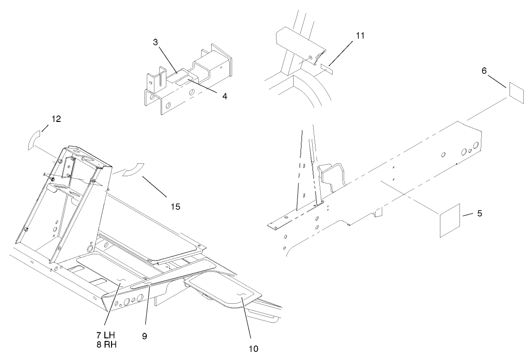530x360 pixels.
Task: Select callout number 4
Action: click(x=224, y=96)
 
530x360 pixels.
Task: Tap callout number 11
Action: click(x=359, y=35)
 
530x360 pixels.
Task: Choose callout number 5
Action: click(x=479, y=213)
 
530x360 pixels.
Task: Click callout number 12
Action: click(x=56, y=119)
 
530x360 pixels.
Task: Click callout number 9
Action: click(x=144, y=336)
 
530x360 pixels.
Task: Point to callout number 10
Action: click(x=253, y=349)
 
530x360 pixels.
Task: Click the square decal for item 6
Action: click(x=515, y=91)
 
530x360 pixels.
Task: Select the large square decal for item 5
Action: click(x=450, y=220)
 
